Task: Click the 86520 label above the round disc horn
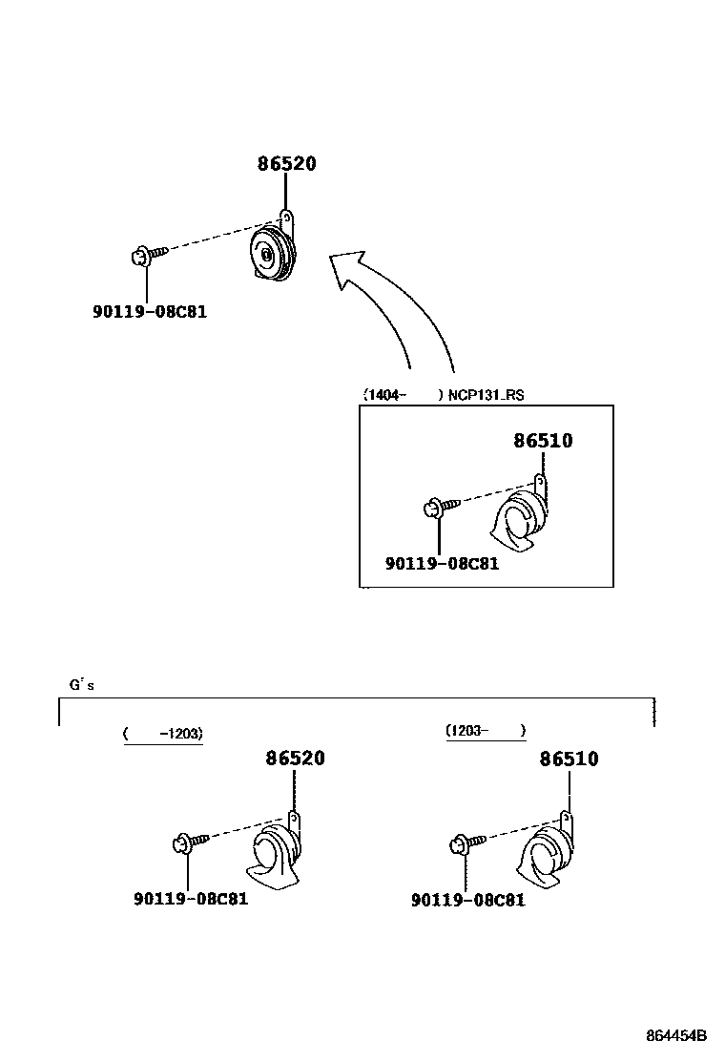point(286,164)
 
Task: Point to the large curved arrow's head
point(347,267)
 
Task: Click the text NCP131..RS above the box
point(486,394)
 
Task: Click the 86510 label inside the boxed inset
point(543,441)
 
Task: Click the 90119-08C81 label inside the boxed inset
point(442,564)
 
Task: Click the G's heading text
point(81,684)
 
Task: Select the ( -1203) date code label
point(163,734)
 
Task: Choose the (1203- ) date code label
point(485,731)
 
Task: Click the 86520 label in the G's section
point(295,759)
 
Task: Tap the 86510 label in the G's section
point(570,759)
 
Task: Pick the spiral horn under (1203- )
point(548,854)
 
